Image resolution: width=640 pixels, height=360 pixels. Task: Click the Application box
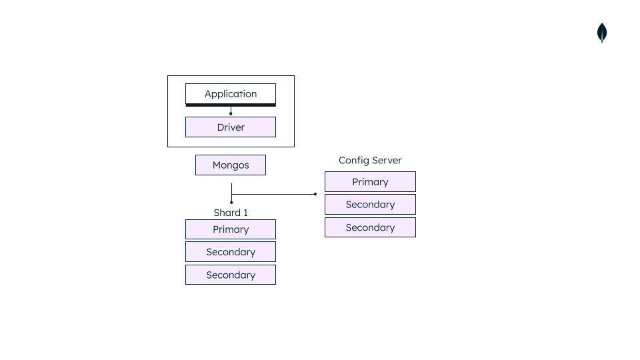coord(230,93)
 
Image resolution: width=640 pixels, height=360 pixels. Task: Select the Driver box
coord(230,127)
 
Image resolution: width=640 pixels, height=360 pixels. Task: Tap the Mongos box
coord(230,165)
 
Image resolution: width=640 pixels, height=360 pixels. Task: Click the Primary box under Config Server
coord(370,182)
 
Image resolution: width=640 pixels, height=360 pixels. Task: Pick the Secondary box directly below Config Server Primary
coord(370,205)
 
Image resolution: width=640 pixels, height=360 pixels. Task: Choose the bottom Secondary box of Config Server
coord(370,227)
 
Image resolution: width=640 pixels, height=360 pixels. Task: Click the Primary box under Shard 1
coord(230,229)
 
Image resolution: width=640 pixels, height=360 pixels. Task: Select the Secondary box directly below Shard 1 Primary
coord(230,252)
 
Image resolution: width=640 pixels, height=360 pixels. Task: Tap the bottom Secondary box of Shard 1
coord(230,275)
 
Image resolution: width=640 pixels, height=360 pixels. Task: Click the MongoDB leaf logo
coord(602,33)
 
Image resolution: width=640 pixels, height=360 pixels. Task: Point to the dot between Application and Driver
coord(231,113)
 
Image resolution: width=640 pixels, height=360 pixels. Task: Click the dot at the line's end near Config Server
coord(315,194)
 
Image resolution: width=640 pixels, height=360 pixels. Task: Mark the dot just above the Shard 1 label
coord(231,202)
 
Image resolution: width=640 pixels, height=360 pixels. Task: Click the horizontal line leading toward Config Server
coord(273,194)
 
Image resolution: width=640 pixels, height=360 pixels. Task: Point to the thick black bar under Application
coord(230,105)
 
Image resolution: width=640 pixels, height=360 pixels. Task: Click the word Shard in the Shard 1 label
coord(226,213)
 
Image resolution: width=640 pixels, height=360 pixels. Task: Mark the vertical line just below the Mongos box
coord(231,185)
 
